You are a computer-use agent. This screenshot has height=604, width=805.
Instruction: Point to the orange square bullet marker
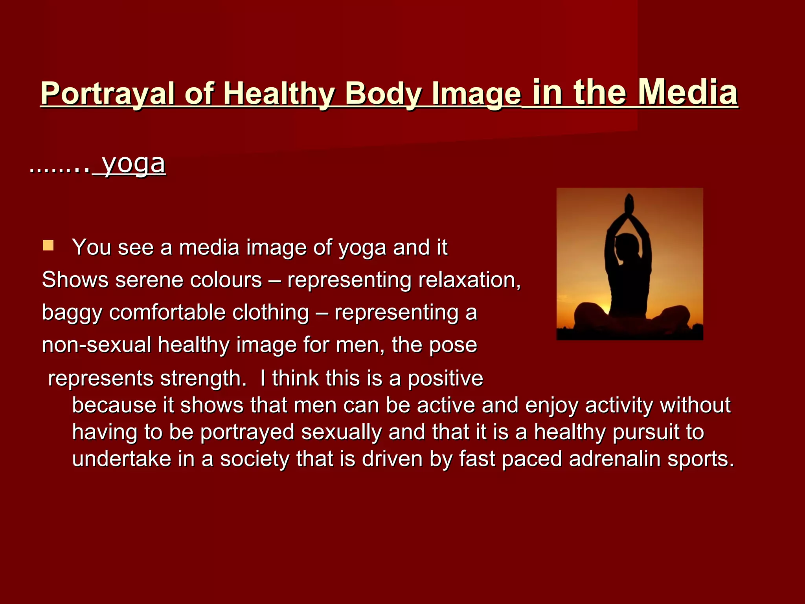pyautogui.click(x=48, y=246)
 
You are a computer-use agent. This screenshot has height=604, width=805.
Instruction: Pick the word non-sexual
pyautogui.click(x=96, y=345)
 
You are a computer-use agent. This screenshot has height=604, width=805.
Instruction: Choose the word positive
pyautogui.click(x=445, y=378)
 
